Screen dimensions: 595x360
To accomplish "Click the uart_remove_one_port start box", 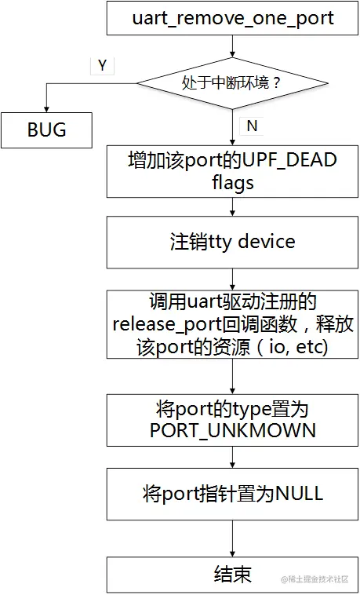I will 232,18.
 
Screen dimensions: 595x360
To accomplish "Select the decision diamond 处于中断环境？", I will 232,82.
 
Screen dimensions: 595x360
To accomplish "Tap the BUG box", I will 46,130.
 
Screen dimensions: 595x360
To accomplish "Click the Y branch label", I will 102,66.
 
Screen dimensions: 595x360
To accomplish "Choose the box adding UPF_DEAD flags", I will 232,171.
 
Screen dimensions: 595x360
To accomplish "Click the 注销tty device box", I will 232,241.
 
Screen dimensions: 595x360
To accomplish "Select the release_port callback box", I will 232,323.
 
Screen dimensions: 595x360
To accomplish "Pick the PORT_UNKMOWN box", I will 232,419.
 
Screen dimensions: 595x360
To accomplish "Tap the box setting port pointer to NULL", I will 232,494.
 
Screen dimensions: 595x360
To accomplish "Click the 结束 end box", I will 232,575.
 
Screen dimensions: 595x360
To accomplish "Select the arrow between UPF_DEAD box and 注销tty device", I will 232,206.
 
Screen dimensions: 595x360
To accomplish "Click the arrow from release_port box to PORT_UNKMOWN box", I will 232,378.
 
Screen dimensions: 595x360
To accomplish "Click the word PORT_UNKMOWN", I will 232,430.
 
